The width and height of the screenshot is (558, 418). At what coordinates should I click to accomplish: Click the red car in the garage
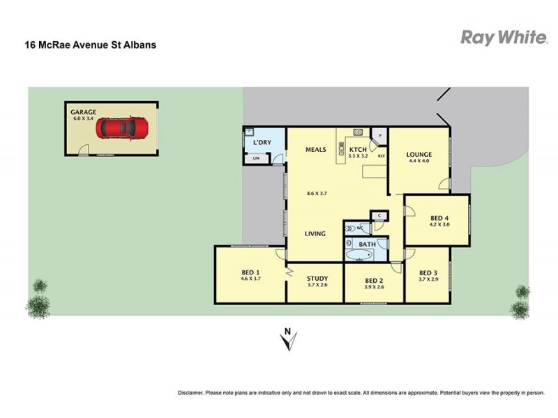pyautogui.click(x=122, y=128)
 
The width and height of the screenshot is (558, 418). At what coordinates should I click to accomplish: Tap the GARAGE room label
pyautogui.click(x=83, y=111)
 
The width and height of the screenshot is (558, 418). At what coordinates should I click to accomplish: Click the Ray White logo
pyautogui.click(x=503, y=38)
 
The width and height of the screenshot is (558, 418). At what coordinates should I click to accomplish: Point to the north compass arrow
pyautogui.click(x=286, y=340)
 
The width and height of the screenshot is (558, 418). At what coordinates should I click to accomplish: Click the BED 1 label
pyautogui.click(x=250, y=272)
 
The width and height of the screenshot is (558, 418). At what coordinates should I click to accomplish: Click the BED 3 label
pyautogui.click(x=429, y=272)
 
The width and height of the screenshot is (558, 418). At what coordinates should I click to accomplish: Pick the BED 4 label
pyautogui.click(x=439, y=218)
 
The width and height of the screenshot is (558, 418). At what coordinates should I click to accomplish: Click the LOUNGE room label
pyautogui.click(x=420, y=155)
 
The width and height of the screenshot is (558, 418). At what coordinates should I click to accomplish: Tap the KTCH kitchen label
pyautogui.click(x=358, y=149)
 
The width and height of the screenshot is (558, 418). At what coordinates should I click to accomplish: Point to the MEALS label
pyautogui.click(x=316, y=149)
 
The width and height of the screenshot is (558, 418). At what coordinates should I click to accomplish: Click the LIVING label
pyautogui.click(x=315, y=233)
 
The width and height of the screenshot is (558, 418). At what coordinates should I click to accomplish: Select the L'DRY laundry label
pyautogui.click(x=262, y=142)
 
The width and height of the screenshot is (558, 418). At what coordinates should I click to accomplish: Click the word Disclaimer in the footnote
pyautogui.click(x=193, y=392)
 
